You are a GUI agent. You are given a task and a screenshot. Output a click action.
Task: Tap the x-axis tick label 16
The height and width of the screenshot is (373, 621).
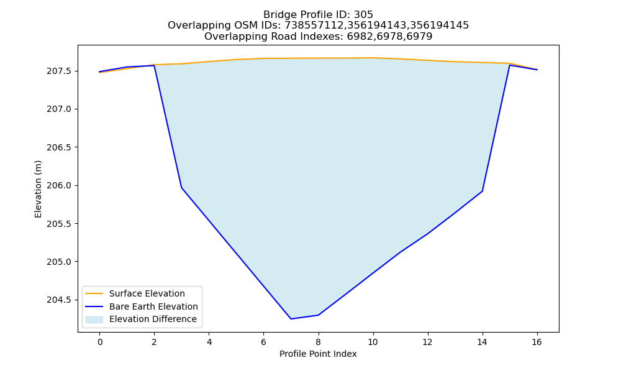(x=537, y=342)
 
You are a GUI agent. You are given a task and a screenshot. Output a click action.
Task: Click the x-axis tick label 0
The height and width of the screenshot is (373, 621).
(x=100, y=342)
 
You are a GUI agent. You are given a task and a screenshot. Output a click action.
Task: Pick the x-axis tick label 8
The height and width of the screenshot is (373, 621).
(x=318, y=342)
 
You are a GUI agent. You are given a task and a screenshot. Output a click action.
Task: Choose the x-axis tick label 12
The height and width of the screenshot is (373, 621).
(x=427, y=342)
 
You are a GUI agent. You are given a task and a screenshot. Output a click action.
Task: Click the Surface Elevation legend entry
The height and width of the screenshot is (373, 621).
(x=147, y=293)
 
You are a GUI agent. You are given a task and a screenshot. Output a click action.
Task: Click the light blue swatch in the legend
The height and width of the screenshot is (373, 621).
(x=94, y=320)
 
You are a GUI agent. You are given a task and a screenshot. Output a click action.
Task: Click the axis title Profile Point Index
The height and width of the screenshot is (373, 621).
(x=318, y=354)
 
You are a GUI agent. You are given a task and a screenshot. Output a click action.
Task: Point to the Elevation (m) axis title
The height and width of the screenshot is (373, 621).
(x=38, y=189)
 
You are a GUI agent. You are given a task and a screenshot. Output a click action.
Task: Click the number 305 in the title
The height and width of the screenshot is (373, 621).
(x=363, y=15)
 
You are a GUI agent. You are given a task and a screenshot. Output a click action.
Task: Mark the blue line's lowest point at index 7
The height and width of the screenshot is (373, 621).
(x=291, y=319)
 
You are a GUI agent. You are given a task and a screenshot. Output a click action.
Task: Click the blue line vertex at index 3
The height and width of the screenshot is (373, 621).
(x=181, y=188)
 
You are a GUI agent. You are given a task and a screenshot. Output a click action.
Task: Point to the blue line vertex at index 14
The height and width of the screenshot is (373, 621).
(x=482, y=191)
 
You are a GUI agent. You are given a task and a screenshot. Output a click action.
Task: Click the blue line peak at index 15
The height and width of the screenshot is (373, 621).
(x=509, y=65)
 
